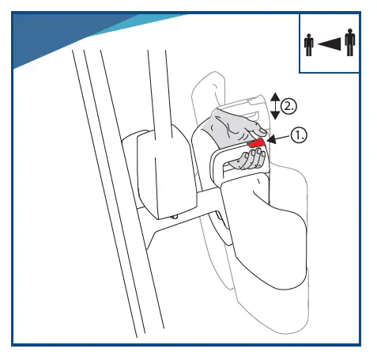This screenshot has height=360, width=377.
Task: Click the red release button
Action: click(255, 143)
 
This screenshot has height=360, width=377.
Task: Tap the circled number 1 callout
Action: click(298, 135)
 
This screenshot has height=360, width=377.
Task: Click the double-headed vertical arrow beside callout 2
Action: click(273, 104)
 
